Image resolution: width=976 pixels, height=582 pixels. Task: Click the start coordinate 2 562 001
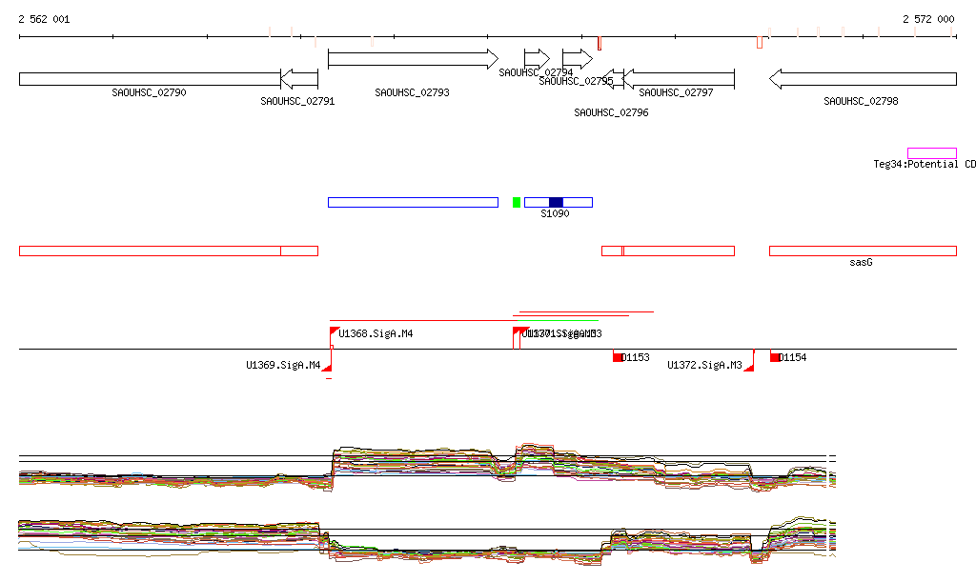44,19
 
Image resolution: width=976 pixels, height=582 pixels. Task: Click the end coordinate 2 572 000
928,19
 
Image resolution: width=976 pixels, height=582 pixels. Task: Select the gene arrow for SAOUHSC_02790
149,79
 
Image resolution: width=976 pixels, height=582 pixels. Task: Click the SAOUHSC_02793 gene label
412,93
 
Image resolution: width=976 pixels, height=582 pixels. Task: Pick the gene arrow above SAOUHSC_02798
862,79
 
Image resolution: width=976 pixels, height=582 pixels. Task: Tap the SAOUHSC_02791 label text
297,102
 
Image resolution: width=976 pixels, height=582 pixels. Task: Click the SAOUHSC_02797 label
676,93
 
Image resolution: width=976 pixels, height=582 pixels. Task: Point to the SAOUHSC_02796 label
611,112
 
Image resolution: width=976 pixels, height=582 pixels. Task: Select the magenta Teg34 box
931,153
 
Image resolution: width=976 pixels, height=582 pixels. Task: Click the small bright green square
517,202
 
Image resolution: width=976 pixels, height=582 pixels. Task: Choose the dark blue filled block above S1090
556,202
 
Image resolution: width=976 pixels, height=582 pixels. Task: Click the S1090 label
555,214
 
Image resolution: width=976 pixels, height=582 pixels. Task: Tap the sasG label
861,262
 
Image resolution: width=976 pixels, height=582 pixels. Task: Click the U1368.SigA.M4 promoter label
376,334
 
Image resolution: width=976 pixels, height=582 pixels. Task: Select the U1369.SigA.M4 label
283,365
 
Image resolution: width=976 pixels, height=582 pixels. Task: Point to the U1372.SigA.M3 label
704,365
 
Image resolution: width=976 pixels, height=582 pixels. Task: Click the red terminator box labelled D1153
618,357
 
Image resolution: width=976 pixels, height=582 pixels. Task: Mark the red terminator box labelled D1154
775,357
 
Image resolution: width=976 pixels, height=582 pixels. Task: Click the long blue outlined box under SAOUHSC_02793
413,202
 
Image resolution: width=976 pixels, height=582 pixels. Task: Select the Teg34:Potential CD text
924,164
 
